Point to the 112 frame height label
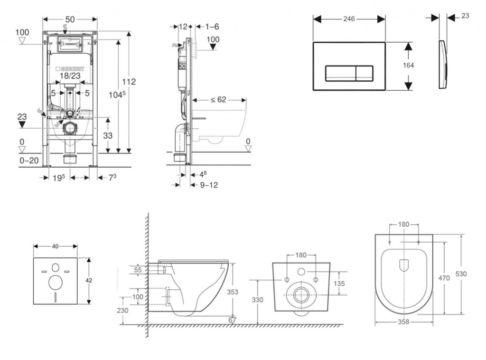[128, 82]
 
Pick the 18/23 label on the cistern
[70, 76]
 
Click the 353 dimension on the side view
[232, 292]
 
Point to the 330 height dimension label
[257, 300]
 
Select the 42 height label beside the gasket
[89, 281]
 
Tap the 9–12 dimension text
[208, 185]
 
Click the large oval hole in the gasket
[56, 283]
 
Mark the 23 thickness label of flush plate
[465, 16]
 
